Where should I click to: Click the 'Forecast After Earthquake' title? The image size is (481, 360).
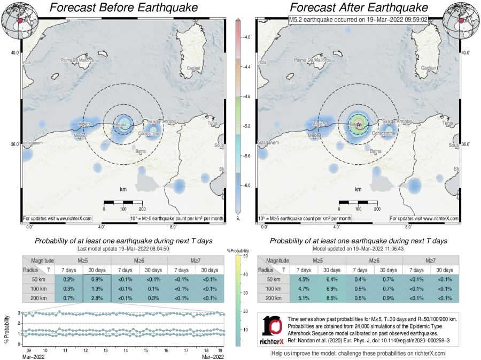tap(359, 7)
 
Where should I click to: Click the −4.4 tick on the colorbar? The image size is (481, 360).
tap(247, 67)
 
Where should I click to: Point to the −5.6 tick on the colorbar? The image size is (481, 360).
tap(247, 156)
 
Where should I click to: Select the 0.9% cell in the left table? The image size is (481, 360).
tap(97, 280)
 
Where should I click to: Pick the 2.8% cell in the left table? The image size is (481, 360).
tap(97, 298)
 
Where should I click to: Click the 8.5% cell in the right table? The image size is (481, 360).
tap(332, 298)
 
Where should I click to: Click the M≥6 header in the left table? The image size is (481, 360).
tap(139, 260)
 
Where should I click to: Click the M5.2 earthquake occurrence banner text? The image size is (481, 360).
tap(359, 19)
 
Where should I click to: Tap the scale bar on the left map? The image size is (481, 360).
tap(123, 202)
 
